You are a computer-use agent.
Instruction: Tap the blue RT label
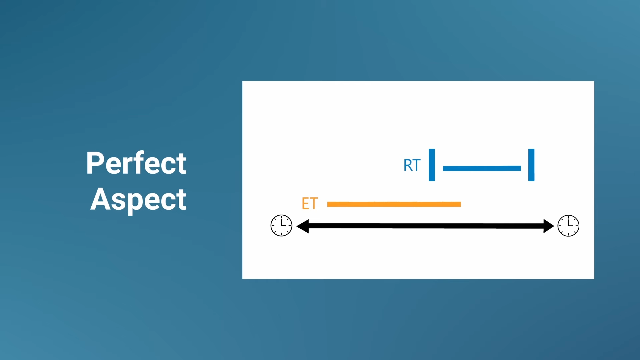tap(412, 165)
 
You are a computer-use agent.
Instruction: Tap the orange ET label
tap(310, 204)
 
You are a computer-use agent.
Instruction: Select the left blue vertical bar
tap(432, 165)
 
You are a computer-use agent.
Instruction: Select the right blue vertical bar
tap(531, 165)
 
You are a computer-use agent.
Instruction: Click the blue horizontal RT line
tap(482, 168)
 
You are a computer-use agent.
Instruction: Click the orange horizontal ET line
tap(394, 204)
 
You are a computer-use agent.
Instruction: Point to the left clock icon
tap(281, 226)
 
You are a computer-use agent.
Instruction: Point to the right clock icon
tap(568, 226)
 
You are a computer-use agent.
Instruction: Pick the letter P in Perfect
tap(94, 163)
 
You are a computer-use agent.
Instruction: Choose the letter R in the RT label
tap(408, 165)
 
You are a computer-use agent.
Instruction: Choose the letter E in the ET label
tap(305, 204)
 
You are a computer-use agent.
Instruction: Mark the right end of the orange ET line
tap(461, 204)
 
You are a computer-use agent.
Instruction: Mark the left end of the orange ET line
tap(328, 204)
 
